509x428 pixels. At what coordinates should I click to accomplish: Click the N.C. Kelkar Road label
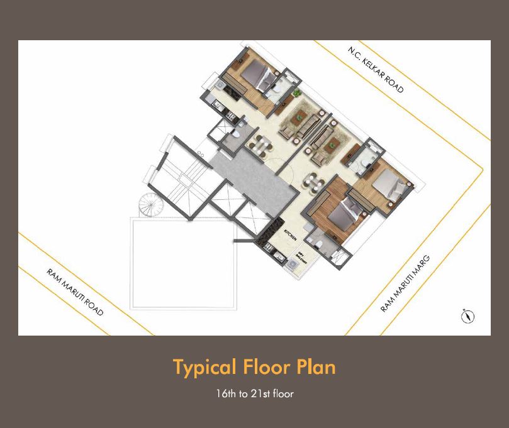pos(376,69)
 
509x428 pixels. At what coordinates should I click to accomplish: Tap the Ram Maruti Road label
pos(75,292)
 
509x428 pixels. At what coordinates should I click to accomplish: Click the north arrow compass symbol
pos(467,316)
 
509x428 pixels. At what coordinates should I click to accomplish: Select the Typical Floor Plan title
pos(254,367)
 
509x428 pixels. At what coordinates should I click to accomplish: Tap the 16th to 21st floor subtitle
pos(254,395)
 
